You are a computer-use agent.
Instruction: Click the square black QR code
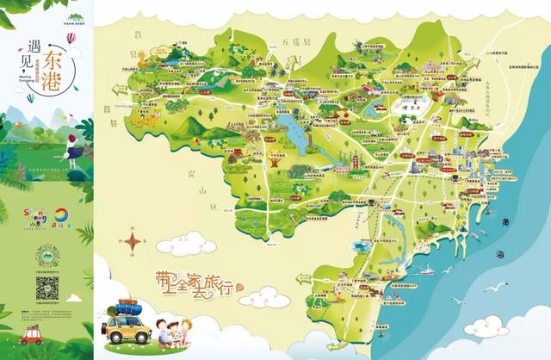(x=49, y=288)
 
